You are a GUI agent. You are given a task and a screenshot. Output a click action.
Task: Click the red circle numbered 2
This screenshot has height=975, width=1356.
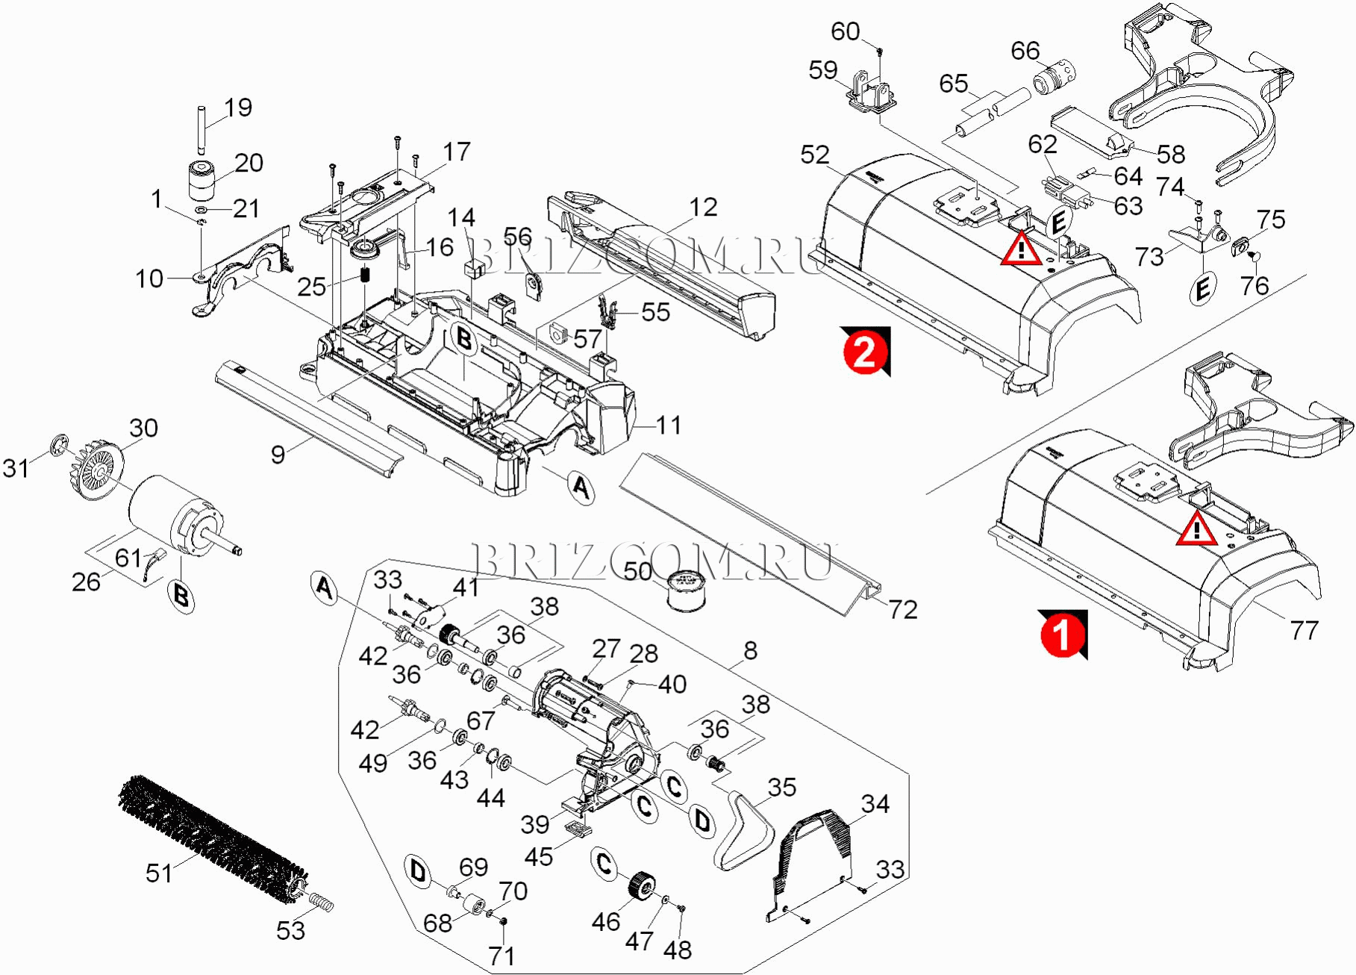(x=864, y=351)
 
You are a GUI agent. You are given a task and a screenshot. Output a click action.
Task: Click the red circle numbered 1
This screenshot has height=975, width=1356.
(x=1061, y=635)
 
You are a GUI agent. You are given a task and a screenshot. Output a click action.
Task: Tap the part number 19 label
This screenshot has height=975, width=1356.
(x=238, y=108)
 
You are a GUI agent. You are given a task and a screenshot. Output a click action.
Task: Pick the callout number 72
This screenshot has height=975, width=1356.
(x=902, y=610)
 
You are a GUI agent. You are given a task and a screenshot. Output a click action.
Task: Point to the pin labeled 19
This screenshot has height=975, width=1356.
(x=201, y=128)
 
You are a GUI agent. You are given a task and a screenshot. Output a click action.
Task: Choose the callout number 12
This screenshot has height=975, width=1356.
(x=703, y=207)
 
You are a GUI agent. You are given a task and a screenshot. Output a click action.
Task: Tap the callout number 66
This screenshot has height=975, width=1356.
(x=1025, y=51)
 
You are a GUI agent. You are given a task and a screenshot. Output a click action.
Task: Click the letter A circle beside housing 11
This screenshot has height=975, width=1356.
(x=581, y=487)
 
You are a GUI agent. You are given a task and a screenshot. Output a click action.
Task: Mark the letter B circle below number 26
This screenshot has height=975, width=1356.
(x=181, y=596)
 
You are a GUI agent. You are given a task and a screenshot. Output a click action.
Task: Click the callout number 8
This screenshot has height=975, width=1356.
(x=750, y=650)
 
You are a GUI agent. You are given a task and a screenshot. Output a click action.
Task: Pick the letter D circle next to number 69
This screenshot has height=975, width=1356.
(x=419, y=871)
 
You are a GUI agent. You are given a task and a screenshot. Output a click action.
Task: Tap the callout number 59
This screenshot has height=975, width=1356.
(x=822, y=70)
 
